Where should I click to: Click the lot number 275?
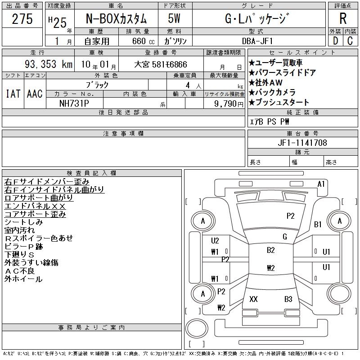pyautogui.click(x=22, y=19)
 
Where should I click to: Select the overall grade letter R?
pyautogui.click(x=343, y=18)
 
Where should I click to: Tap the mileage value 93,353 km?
pyautogui.click(x=49, y=64)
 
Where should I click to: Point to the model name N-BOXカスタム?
pyautogui.click(x=116, y=19)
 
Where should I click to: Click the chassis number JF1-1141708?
pyautogui.click(x=302, y=143)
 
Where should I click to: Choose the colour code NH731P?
pyautogui.click(x=74, y=103)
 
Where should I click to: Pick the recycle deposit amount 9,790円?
pyautogui.click(x=229, y=103)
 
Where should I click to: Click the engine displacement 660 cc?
pyautogui.click(x=144, y=41)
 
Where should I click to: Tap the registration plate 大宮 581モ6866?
pyautogui.click(x=161, y=64)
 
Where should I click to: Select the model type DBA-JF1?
pyautogui.click(x=257, y=41)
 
